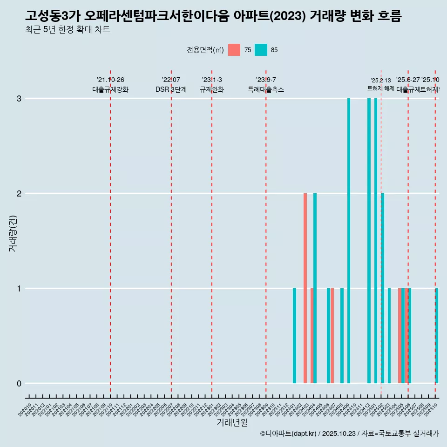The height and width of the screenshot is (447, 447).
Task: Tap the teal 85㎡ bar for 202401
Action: tap(294, 336)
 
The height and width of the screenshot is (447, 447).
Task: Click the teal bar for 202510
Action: tap(437, 336)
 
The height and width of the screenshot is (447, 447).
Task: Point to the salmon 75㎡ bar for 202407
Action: tap(332, 336)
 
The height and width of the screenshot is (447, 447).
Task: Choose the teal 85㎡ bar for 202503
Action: tap(389, 336)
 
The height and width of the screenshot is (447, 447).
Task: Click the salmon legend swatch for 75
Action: tap(234, 50)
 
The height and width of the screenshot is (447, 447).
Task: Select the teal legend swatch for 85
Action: tap(261, 50)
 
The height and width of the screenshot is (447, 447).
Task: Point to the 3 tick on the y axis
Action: tap(19, 99)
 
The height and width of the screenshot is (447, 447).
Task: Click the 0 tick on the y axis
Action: tap(19, 384)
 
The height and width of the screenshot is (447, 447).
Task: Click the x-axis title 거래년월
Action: tap(232, 422)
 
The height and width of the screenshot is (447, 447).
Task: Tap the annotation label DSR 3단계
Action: tap(171, 90)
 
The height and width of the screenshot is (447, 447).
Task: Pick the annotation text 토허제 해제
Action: tap(381, 88)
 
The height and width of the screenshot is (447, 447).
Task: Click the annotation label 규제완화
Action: tap(212, 90)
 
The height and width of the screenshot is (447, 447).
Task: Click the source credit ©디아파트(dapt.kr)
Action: tap(288, 434)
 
